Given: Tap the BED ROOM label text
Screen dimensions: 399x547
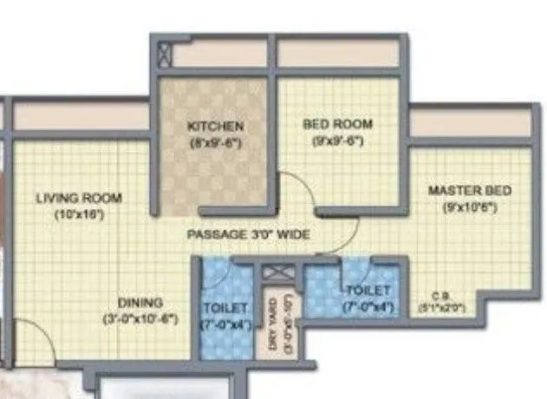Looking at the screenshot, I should pos(338,124).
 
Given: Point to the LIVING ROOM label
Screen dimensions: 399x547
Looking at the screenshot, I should pos(79,198).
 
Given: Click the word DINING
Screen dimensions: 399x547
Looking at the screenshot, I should pos(141,303).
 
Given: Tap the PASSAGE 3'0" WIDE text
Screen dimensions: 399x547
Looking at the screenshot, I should pos(249,235).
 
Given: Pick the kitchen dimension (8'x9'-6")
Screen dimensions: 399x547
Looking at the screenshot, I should pos(215,141).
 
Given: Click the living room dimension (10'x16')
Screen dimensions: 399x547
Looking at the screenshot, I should pos(79,213).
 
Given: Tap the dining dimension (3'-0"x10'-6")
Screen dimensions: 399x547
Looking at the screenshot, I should pos(141,319).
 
